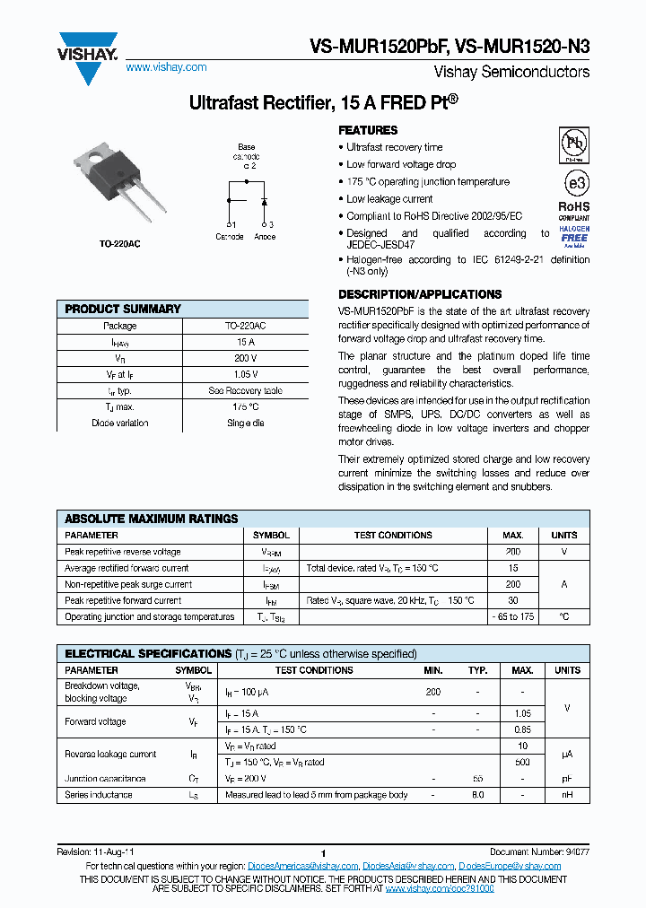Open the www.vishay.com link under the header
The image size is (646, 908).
(x=166, y=67)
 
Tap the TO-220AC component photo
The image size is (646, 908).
(x=121, y=183)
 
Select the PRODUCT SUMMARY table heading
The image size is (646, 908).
(x=123, y=309)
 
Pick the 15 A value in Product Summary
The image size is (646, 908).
(x=245, y=342)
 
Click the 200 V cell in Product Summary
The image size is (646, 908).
(x=245, y=358)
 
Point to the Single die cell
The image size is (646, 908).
(x=245, y=423)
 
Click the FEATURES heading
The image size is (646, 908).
(x=368, y=130)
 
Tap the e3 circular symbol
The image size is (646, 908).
(x=575, y=182)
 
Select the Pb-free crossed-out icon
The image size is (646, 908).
(x=575, y=144)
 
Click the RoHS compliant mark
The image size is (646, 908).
(x=575, y=210)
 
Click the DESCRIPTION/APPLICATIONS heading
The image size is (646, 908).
(x=419, y=294)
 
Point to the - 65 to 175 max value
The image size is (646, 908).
(x=513, y=616)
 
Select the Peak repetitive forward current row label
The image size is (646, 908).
(x=123, y=600)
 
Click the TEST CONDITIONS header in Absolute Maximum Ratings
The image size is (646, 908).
(x=393, y=535)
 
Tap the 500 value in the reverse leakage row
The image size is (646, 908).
(x=522, y=763)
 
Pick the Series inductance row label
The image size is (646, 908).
(x=99, y=795)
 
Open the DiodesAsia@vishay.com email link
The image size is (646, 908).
(x=408, y=866)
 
